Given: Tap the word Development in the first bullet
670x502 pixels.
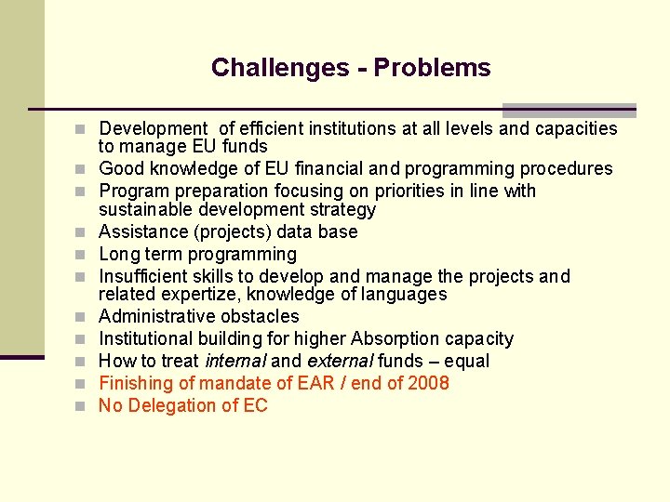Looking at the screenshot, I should pyautogui.click(x=153, y=128).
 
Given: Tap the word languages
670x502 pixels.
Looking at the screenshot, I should pyautogui.click(x=405, y=294).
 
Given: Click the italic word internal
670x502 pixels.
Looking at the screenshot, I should pyautogui.click(x=234, y=361).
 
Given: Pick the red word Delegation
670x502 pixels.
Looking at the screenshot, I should pyautogui.click(x=176, y=405).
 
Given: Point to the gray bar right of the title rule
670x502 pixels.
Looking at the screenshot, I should pyautogui.click(x=569, y=110).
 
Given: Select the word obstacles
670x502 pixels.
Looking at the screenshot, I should pyautogui.click(x=264, y=316).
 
